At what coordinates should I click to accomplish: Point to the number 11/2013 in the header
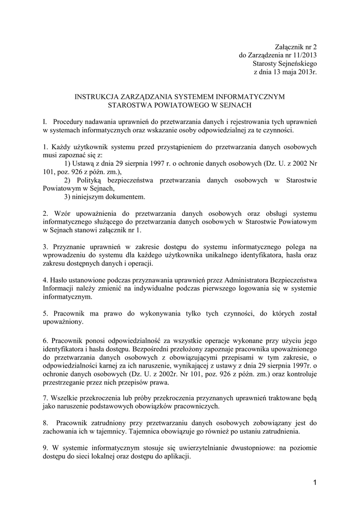coord(303,55)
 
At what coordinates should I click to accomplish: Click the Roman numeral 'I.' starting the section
coord(45,122)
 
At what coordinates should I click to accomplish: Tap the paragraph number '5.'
coord(46,314)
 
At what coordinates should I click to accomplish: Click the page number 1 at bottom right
coord(315,482)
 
